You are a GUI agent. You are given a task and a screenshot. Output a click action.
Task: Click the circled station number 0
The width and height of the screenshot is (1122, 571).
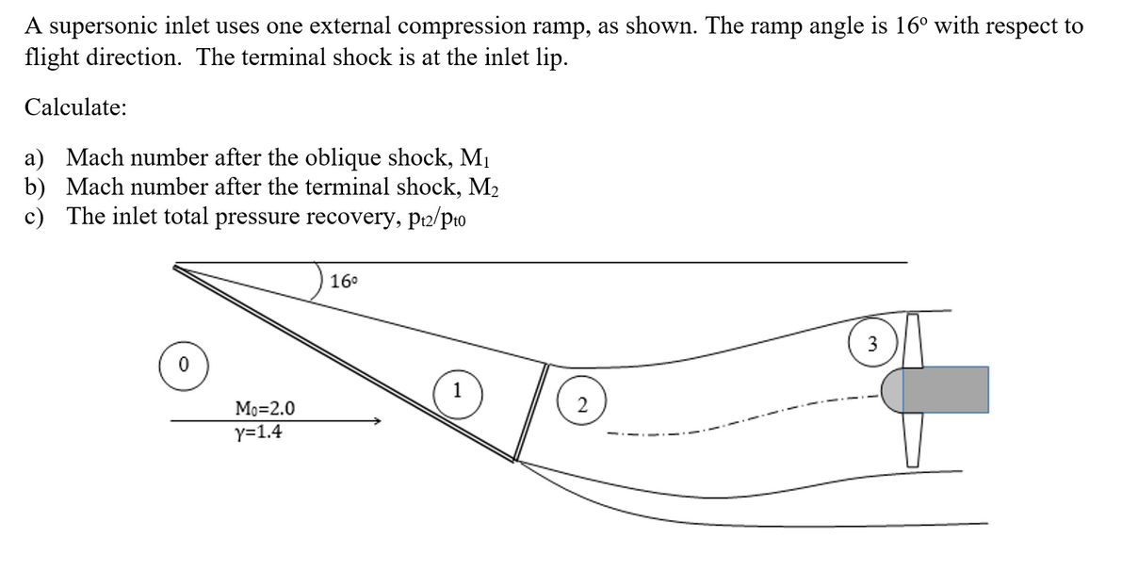click(183, 362)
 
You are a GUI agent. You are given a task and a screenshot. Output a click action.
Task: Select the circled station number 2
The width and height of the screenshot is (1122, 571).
click(582, 406)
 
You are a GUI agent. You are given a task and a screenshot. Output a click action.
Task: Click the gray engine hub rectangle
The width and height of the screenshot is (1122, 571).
click(945, 389)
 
